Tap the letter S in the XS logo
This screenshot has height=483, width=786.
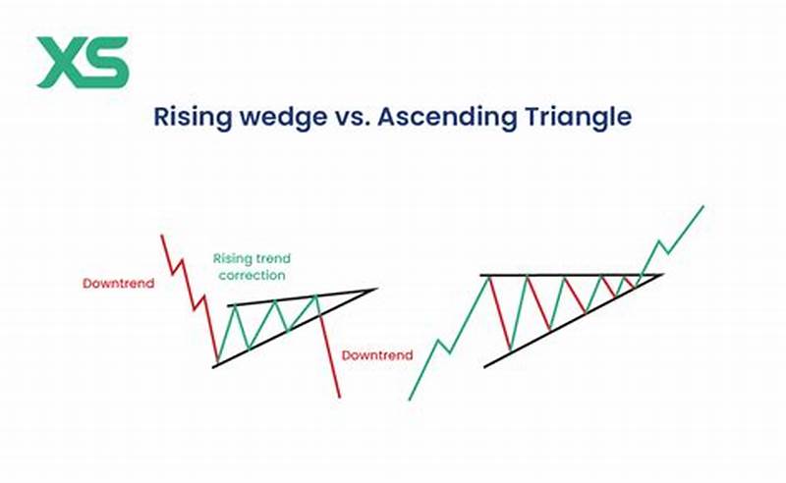pos(106,62)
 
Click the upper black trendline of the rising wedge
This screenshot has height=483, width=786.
pos(295,298)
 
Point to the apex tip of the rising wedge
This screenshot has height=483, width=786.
pos(375,290)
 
